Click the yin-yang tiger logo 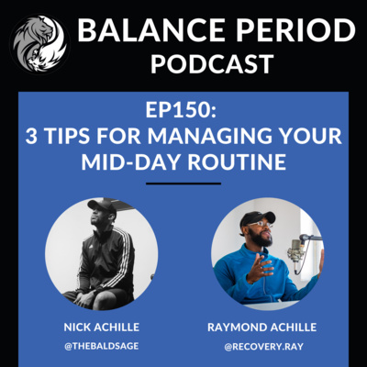coord(39,43)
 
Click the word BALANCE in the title coord(149,30)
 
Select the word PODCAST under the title coord(212,63)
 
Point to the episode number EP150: coord(181,110)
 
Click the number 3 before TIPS coord(31,136)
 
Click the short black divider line coord(183,183)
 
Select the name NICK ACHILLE coord(102,328)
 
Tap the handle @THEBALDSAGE coord(102,346)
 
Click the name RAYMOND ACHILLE coord(262,328)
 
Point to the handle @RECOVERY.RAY coord(264,347)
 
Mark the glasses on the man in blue coord(261,224)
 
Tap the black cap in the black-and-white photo coord(103,206)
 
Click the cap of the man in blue coord(256,217)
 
